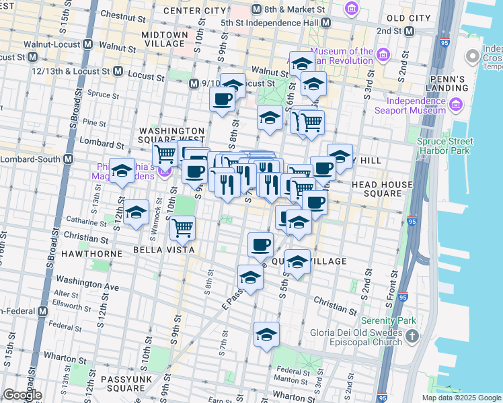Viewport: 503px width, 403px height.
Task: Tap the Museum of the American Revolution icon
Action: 383,54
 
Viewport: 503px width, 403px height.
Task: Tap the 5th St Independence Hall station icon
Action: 325,23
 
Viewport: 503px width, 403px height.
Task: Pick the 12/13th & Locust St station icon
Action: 118,71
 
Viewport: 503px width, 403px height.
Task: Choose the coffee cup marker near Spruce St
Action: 221,99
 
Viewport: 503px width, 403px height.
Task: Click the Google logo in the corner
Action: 22,395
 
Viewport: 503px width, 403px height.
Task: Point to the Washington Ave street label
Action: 87,283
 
